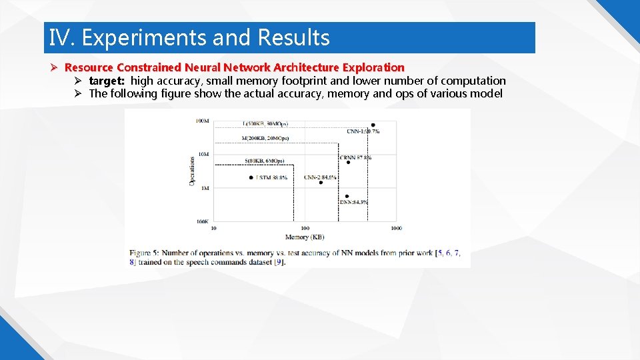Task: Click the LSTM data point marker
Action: pos(251,177)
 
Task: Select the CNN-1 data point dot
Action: pos(373,125)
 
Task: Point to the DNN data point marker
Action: pos(347,196)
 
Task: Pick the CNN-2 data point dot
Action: pos(321,183)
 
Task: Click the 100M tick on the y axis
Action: pos(202,121)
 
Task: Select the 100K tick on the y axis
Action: pos(202,221)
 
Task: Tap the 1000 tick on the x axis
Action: pos(396,229)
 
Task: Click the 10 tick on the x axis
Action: pos(214,229)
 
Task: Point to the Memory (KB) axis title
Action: pos(305,237)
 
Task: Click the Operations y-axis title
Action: pos(192,171)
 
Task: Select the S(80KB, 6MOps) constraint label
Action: pos(264,161)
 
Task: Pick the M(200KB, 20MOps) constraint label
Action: pos(265,138)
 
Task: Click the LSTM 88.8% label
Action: pos(272,178)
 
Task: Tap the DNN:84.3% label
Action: pos(353,202)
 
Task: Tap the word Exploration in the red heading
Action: pos(374,67)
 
